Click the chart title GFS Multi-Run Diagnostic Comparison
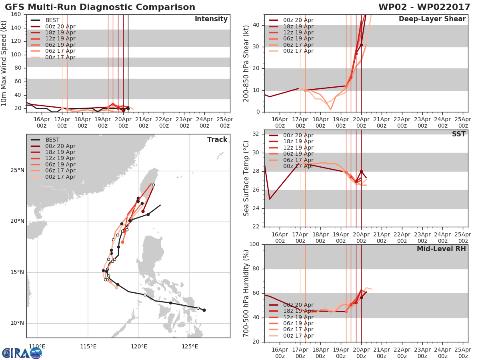click(x=100, y=7)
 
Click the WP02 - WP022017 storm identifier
click(x=424, y=7)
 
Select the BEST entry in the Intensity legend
click(x=52, y=20)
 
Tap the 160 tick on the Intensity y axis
click(x=16, y=14)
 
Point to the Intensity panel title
click(x=211, y=19)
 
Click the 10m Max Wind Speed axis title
click(x=4, y=63)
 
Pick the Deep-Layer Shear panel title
click(x=432, y=19)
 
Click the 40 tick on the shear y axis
click(x=256, y=25)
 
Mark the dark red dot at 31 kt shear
click(x=361, y=45)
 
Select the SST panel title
click(x=458, y=134)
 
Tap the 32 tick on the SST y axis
click(x=256, y=134)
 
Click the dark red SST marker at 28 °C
click(x=361, y=171)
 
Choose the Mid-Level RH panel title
click(x=441, y=249)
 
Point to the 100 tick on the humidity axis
click(x=254, y=244)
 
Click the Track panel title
click(x=217, y=140)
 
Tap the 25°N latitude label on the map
click(x=18, y=170)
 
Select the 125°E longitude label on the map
click(x=190, y=346)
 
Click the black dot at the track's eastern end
click(x=204, y=310)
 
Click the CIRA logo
click(x=22, y=353)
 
